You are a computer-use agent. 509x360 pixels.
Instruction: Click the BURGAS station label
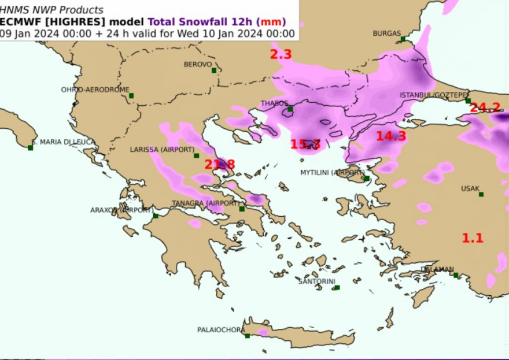pyautogui.click(x=386, y=33)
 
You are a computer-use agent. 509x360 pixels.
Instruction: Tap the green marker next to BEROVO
pyautogui.click(x=214, y=70)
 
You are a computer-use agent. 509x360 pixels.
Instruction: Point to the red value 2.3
pyautogui.click(x=281, y=55)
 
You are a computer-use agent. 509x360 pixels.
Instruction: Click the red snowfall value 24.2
pyautogui.click(x=485, y=107)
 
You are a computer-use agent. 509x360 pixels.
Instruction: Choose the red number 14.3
pyautogui.click(x=391, y=136)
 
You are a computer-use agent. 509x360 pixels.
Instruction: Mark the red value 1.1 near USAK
pyautogui.click(x=473, y=237)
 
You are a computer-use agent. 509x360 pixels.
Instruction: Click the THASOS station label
pyautogui.click(x=274, y=103)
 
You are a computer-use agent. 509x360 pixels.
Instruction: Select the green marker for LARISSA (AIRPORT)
pyautogui.click(x=197, y=155)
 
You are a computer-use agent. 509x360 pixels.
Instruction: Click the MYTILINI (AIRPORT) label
pyautogui.click(x=332, y=172)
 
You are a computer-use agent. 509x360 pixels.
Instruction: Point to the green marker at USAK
pyautogui.click(x=481, y=195)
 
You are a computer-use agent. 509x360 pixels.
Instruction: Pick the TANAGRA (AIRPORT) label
pyautogui.click(x=205, y=203)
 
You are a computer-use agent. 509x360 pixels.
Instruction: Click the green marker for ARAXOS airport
pyautogui.click(x=156, y=216)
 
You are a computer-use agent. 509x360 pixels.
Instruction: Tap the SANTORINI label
pyautogui.click(x=316, y=281)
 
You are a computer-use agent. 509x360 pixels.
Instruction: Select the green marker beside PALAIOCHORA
pyautogui.click(x=248, y=336)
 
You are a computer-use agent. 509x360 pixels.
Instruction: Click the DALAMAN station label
pyautogui.click(x=438, y=269)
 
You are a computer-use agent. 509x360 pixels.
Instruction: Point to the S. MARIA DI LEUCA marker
pyautogui.click(x=30, y=148)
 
